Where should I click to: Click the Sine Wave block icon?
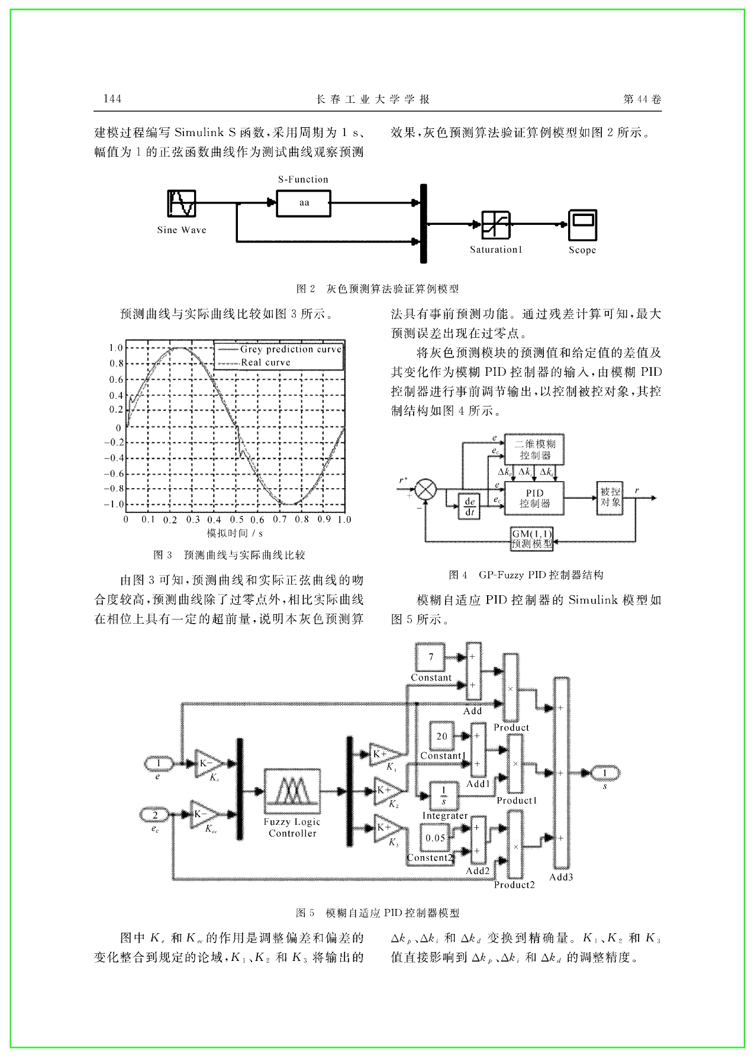[181, 203]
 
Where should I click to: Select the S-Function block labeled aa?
[304, 203]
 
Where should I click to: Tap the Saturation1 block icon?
[496, 225]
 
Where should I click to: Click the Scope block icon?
[582, 225]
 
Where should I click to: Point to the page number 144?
[112, 99]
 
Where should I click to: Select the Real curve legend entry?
[254, 362]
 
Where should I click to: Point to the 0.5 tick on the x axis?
[236, 520]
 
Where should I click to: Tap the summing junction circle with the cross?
[425, 491]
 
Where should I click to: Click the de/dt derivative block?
[469, 507]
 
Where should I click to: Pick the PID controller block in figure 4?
[534, 498]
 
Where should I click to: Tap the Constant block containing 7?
[431, 657]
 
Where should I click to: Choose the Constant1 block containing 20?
[442, 736]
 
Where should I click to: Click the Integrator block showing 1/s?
[444, 796]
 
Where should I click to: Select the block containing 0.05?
[436, 838]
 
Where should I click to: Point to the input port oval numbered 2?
[156, 815]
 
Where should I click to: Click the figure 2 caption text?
[378, 289]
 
